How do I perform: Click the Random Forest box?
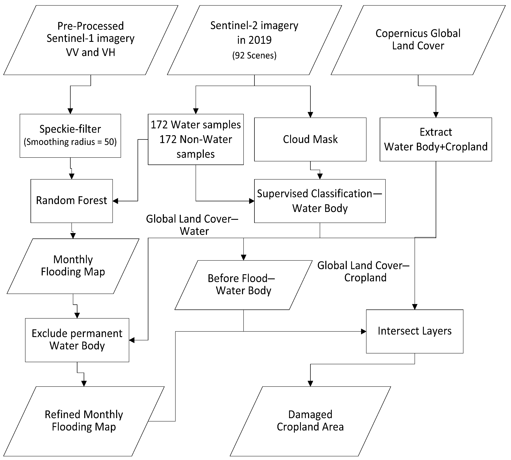coord(71,201)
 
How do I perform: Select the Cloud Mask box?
coord(310,139)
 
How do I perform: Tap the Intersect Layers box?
coord(415,331)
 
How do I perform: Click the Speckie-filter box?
coord(70,136)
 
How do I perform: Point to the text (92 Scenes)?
coord(254,55)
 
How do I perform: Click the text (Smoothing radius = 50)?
coord(70,142)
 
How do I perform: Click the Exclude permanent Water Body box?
coord(77,340)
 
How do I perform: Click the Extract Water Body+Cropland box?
coord(436,139)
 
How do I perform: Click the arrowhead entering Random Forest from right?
coord(115,201)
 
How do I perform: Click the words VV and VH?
coord(90,53)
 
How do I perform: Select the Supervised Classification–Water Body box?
coord(320,201)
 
